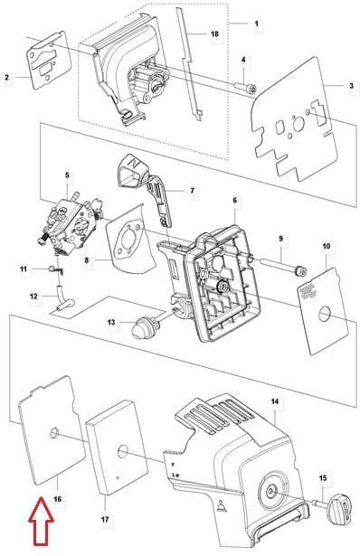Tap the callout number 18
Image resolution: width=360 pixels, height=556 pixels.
214,34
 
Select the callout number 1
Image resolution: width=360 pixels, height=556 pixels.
257,24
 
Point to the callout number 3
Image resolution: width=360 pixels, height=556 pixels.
352,86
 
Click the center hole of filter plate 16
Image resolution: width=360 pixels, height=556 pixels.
54,433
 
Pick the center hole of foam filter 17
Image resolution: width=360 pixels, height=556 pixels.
123,451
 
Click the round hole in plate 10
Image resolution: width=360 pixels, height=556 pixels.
325,315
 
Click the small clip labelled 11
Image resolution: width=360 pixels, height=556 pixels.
56,269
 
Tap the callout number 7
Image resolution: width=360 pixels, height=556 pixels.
193,191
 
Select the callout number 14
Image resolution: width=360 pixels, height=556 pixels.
275,401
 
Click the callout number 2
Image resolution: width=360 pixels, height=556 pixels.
6,77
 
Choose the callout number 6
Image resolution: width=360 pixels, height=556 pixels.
235,201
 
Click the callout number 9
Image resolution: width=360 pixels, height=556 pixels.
281,239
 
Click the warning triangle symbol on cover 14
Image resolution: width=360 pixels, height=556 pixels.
222,505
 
